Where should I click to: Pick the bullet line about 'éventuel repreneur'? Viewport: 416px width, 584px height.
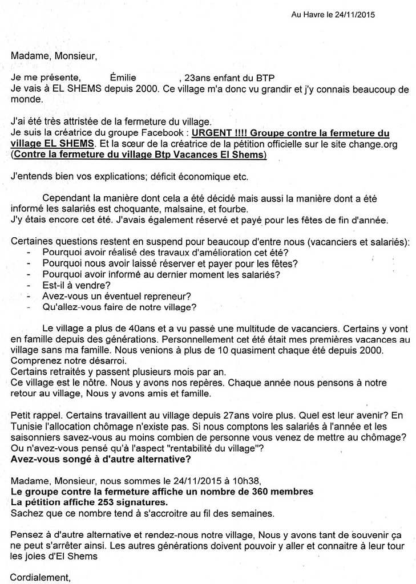click(116, 296)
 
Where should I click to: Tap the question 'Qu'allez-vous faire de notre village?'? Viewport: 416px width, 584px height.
click(119, 307)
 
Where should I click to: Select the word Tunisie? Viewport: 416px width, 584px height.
click(27, 427)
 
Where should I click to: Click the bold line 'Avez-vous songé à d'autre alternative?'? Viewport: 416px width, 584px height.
click(101, 459)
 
